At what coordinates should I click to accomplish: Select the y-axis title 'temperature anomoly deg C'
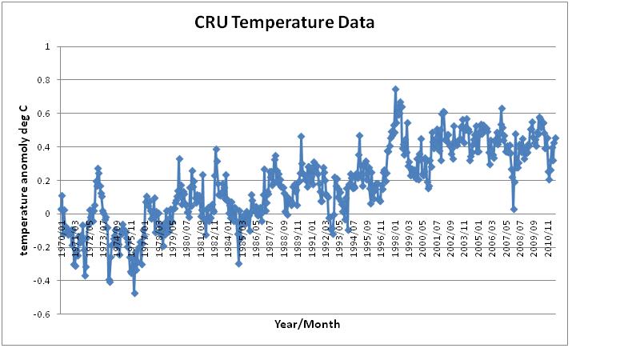(25, 181)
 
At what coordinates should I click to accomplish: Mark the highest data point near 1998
(395, 90)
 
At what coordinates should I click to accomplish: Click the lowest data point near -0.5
(134, 293)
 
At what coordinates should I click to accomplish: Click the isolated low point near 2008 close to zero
(514, 209)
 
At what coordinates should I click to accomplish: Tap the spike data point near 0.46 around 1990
(301, 137)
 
